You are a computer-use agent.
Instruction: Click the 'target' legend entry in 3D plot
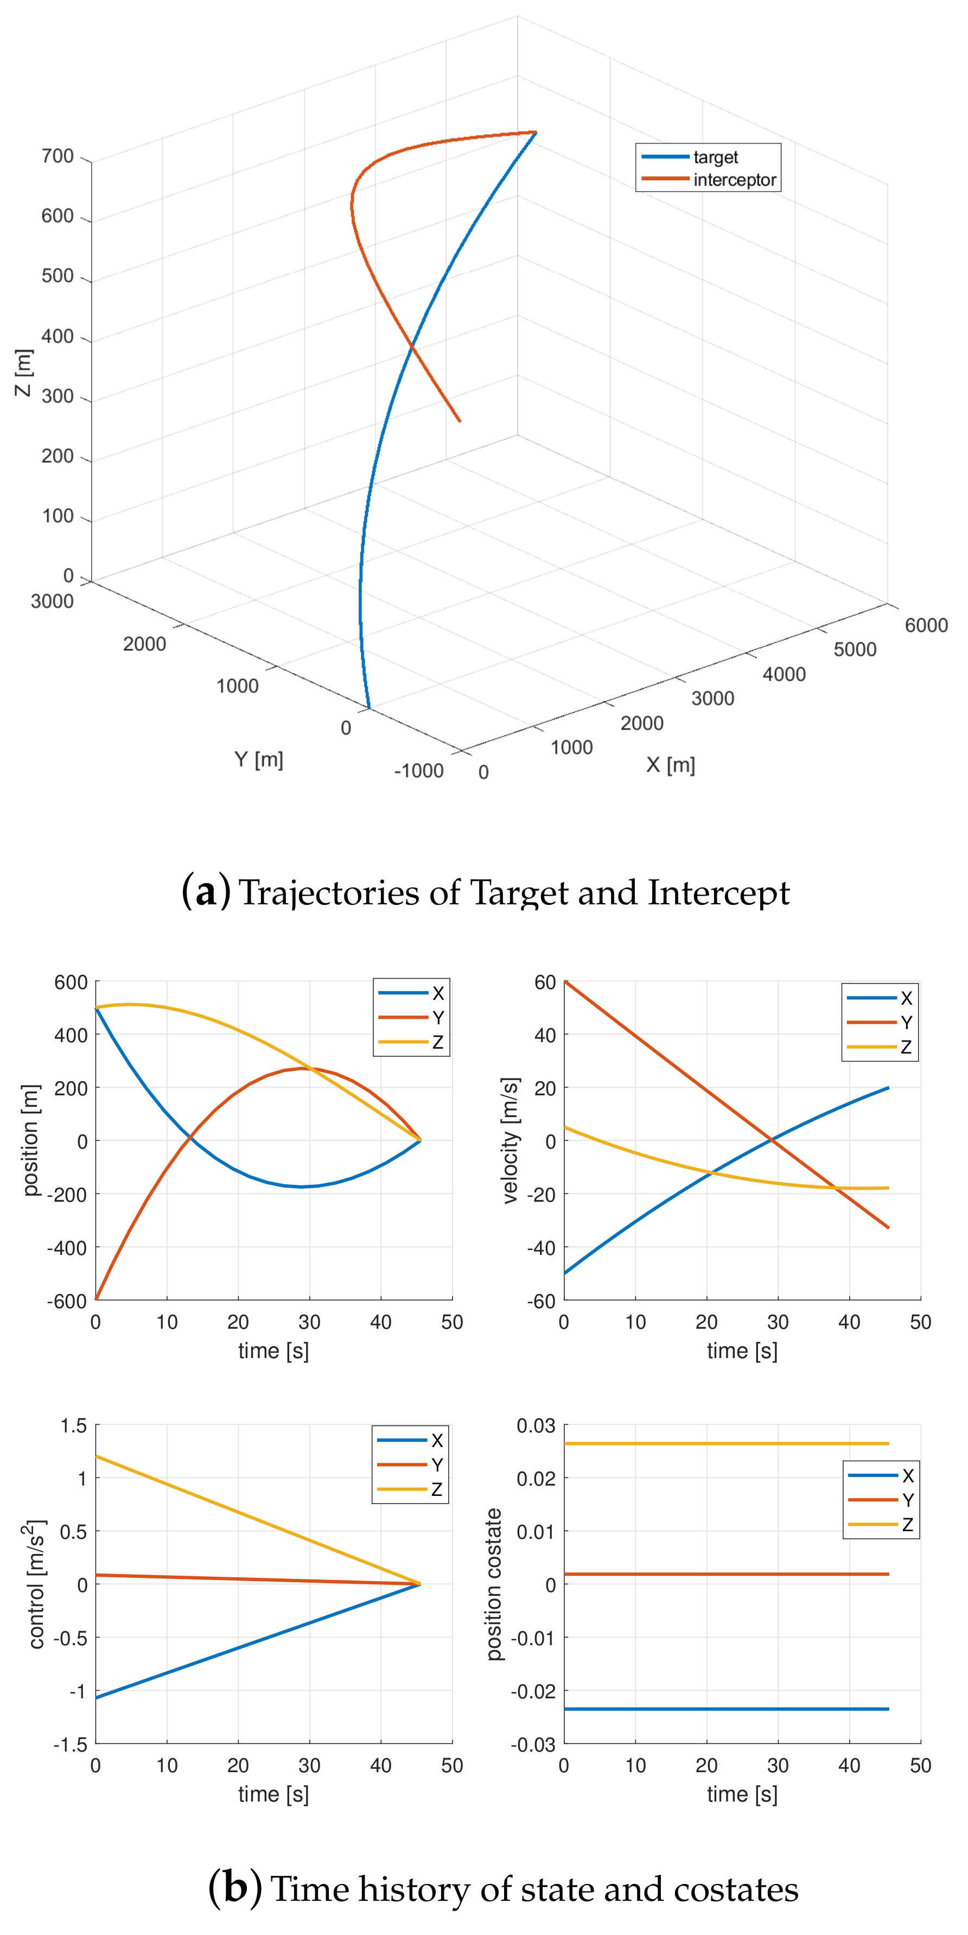tap(715, 157)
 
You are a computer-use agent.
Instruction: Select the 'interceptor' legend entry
tap(734, 180)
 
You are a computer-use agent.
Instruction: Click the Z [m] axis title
tap(24, 372)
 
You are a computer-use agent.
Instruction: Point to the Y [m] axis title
tap(258, 759)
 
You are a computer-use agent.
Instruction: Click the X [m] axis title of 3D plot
tap(671, 765)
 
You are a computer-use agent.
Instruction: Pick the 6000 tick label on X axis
tap(925, 625)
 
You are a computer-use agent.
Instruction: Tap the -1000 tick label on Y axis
tap(418, 771)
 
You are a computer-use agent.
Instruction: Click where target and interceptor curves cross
tap(411, 346)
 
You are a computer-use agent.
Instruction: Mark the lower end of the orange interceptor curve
tap(459, 421)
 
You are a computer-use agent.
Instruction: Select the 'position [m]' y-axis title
tap(30, 1140)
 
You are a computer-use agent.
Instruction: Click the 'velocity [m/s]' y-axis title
tap(511, 1140)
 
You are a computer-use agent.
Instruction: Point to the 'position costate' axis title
tap(493, 1584)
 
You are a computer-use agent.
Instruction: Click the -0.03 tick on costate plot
tap(532, 1743)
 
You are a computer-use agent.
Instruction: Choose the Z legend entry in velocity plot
tap(906, 1046)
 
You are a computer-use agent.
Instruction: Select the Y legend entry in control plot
tap(436, 1465)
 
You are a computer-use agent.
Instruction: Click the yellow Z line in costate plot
tap(721, 1444)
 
